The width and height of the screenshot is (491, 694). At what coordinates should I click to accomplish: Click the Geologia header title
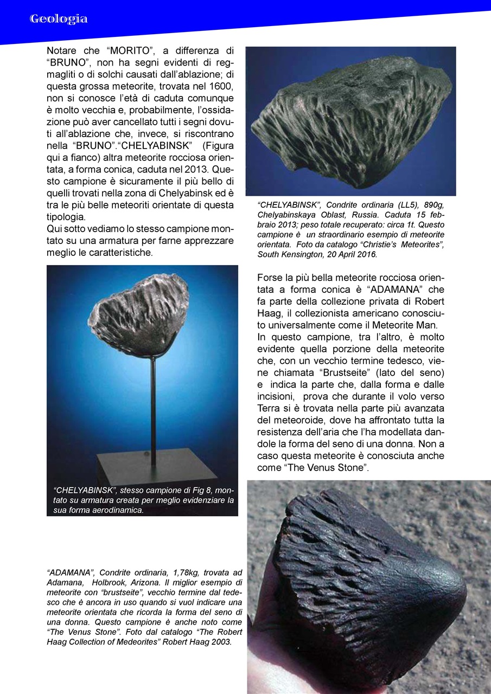click(59, 19)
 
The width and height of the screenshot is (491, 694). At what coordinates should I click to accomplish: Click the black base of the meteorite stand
click(142, 461)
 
